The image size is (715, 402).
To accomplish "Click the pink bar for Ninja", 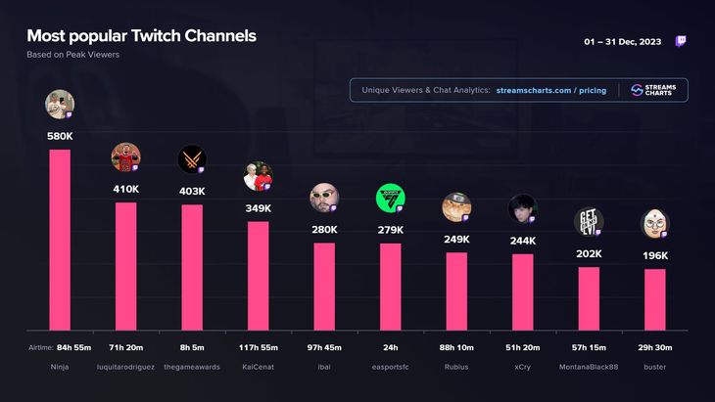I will coord(60,240).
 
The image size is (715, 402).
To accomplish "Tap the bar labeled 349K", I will coord(258,276).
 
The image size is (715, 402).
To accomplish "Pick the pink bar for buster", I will coord(654,299).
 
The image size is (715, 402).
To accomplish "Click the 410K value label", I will coord(125,189).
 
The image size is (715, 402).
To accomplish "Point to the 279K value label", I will coord(390,230).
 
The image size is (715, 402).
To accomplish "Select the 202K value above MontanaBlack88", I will coord(589,254).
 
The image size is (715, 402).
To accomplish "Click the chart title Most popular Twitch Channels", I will coord(141,36).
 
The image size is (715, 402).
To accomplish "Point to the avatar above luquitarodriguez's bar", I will coord(125,156).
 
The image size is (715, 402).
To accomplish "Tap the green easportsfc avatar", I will coord(390,198).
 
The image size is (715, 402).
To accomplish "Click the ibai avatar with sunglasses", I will coord(324,198).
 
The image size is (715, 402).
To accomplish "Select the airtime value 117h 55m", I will coord(258,347).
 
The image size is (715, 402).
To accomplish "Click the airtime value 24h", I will coord(390,347).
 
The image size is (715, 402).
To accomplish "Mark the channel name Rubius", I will coord(456,367).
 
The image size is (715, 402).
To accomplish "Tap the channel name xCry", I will coord(522,367).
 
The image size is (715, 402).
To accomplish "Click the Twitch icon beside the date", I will coord(682,42).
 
